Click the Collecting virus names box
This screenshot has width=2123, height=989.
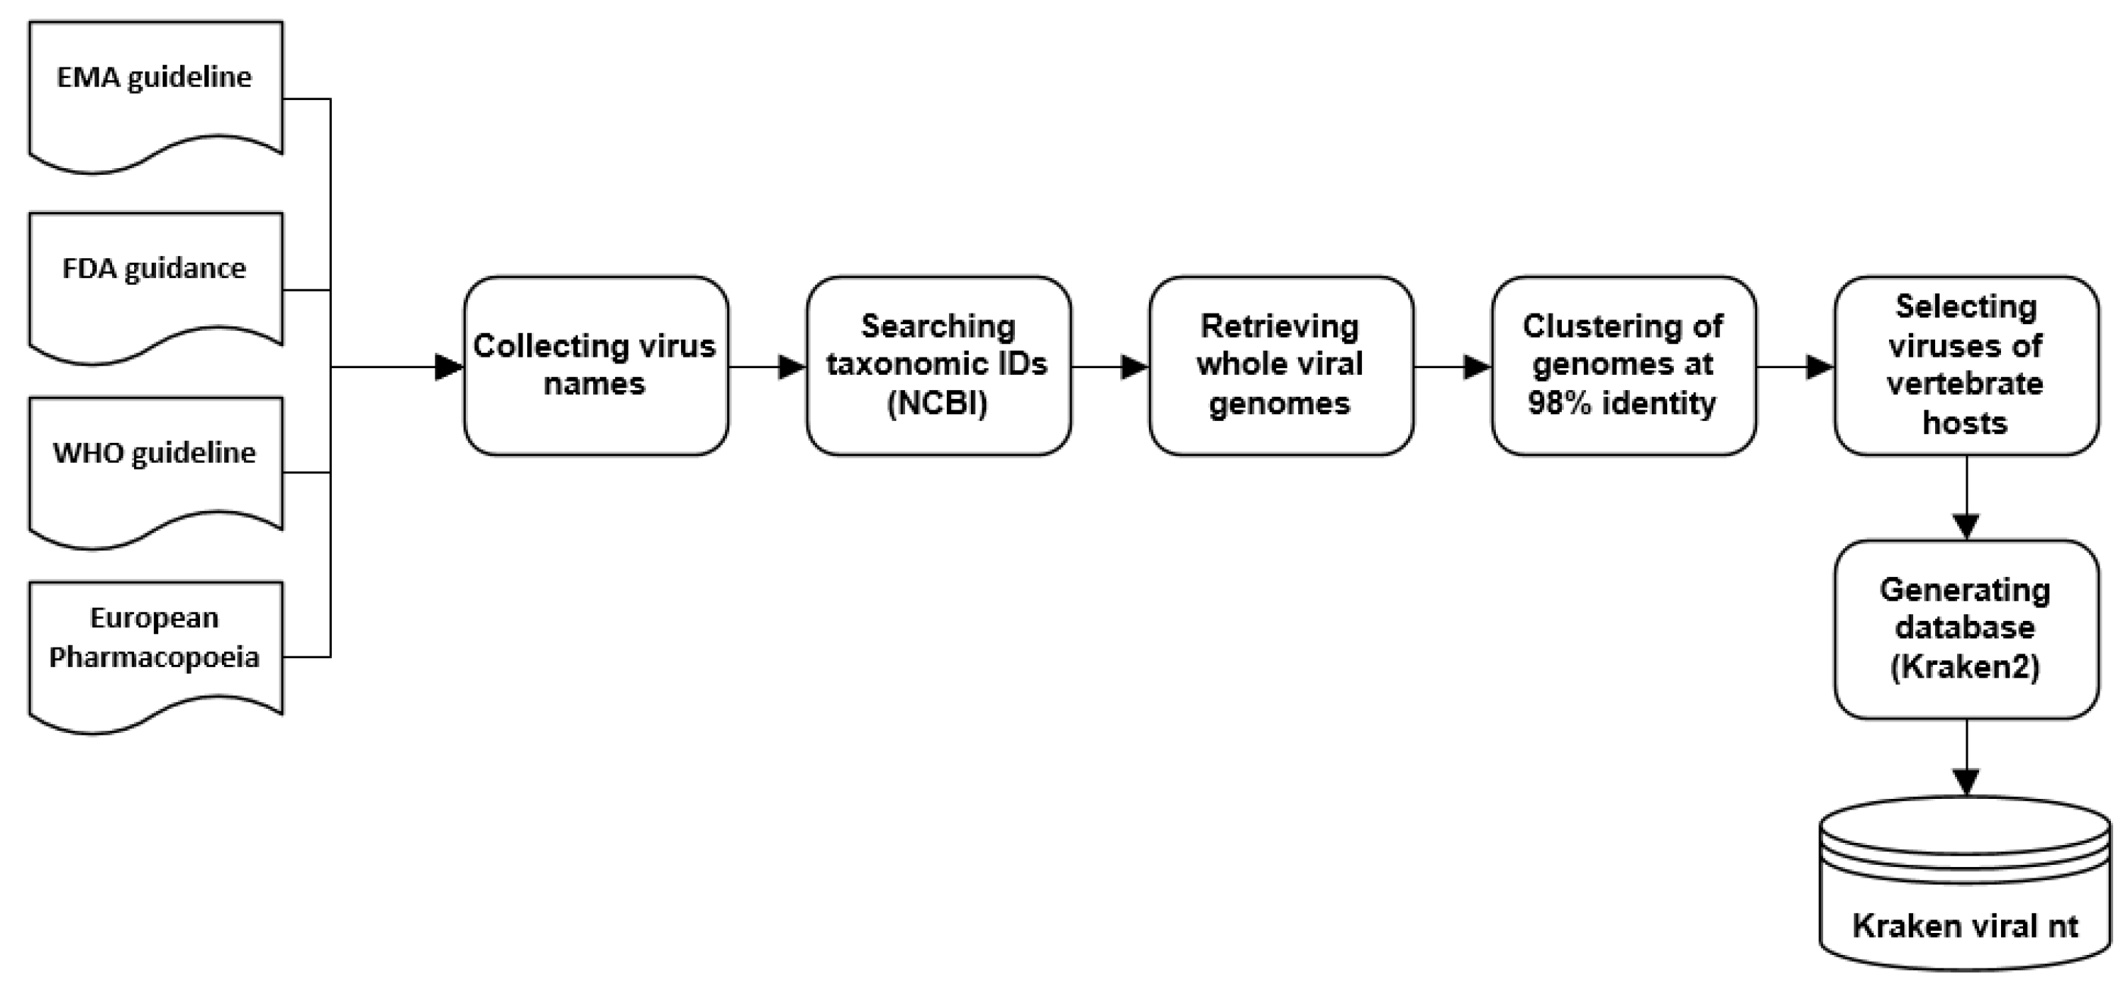pyautogui.click(x=595, y=366)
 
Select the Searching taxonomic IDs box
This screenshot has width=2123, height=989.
pyautogui.click(x=938, y=366)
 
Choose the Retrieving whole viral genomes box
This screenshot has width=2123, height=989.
pyautogui.click(x=1280, y=366)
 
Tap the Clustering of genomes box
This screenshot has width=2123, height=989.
pyautogui.click(x=1623, y=366)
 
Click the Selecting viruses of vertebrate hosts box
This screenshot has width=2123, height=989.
pyautogui.click(x=1965, y=366)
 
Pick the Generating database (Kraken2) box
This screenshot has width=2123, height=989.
pyautogui.click(x=1965, y=629)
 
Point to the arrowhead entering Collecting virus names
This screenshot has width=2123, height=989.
pyautogui.click(x=449, y=367)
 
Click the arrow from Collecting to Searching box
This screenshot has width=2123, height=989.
pyautogui.click(x=767, y=367)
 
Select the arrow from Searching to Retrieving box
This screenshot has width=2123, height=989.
pyautogui.click(x=1110, y=367)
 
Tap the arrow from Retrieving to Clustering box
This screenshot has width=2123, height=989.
pyautogui.click(x=1453, y=367)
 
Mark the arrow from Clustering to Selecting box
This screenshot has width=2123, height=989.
pyautogui.click(x=1795, y=367)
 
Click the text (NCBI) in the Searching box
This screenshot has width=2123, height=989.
pyautogui.click(x=937, y=404)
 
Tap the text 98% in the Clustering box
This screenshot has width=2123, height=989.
pyautogui.click(x=1559, y=404)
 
